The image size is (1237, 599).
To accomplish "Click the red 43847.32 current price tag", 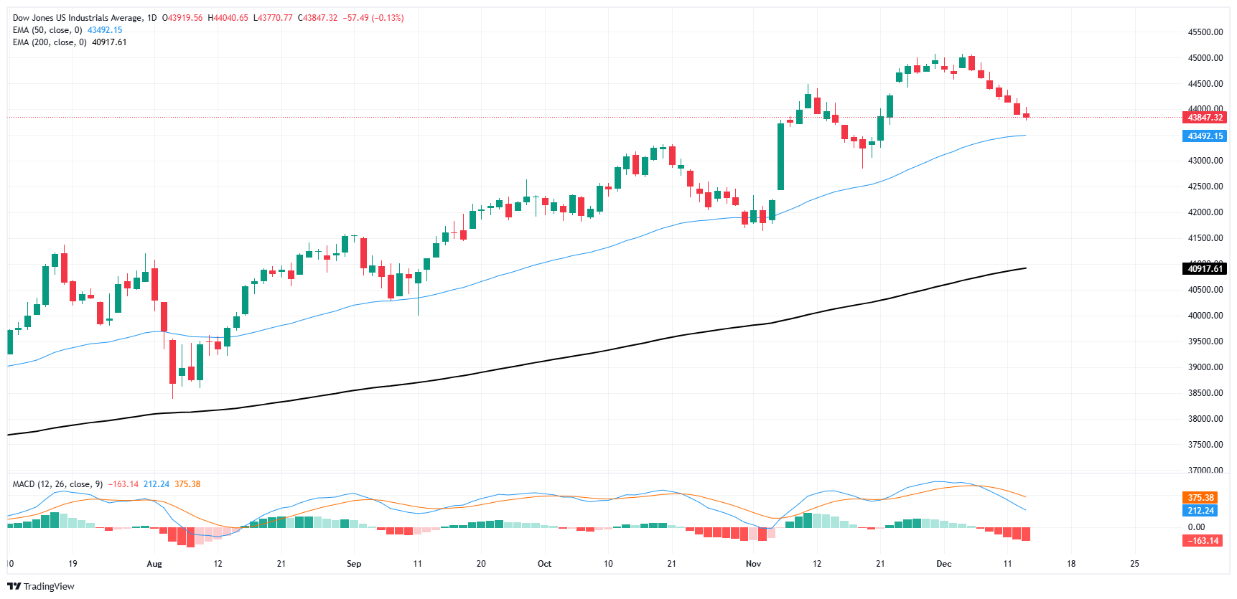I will point(1205,118).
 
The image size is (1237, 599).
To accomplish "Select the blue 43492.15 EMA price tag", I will point(1205,136).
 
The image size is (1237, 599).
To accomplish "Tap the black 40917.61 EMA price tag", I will point(1205,269).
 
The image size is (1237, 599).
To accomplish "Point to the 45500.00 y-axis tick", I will point(1205,32).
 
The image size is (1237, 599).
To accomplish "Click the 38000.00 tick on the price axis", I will point(1205,419).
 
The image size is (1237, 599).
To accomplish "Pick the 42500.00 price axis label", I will point(1205,187).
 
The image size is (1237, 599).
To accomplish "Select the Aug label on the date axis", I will point(154,564).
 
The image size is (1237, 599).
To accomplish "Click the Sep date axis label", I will point(354,564).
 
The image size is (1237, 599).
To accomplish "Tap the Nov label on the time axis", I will point(753,564).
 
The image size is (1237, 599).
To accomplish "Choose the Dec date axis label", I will point(944,564).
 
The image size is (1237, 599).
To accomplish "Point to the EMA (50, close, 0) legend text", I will point(47,30).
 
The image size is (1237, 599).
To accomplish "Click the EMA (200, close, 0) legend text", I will point(50,42).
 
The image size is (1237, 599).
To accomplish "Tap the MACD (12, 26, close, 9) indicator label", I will point(57,484).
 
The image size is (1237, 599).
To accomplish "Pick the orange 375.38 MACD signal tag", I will point(1201,498).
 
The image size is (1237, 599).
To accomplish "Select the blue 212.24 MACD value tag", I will point(1201,511).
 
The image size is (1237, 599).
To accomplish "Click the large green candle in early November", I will point(780,156).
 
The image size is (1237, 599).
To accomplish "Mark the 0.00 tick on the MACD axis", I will point(1196,527).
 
